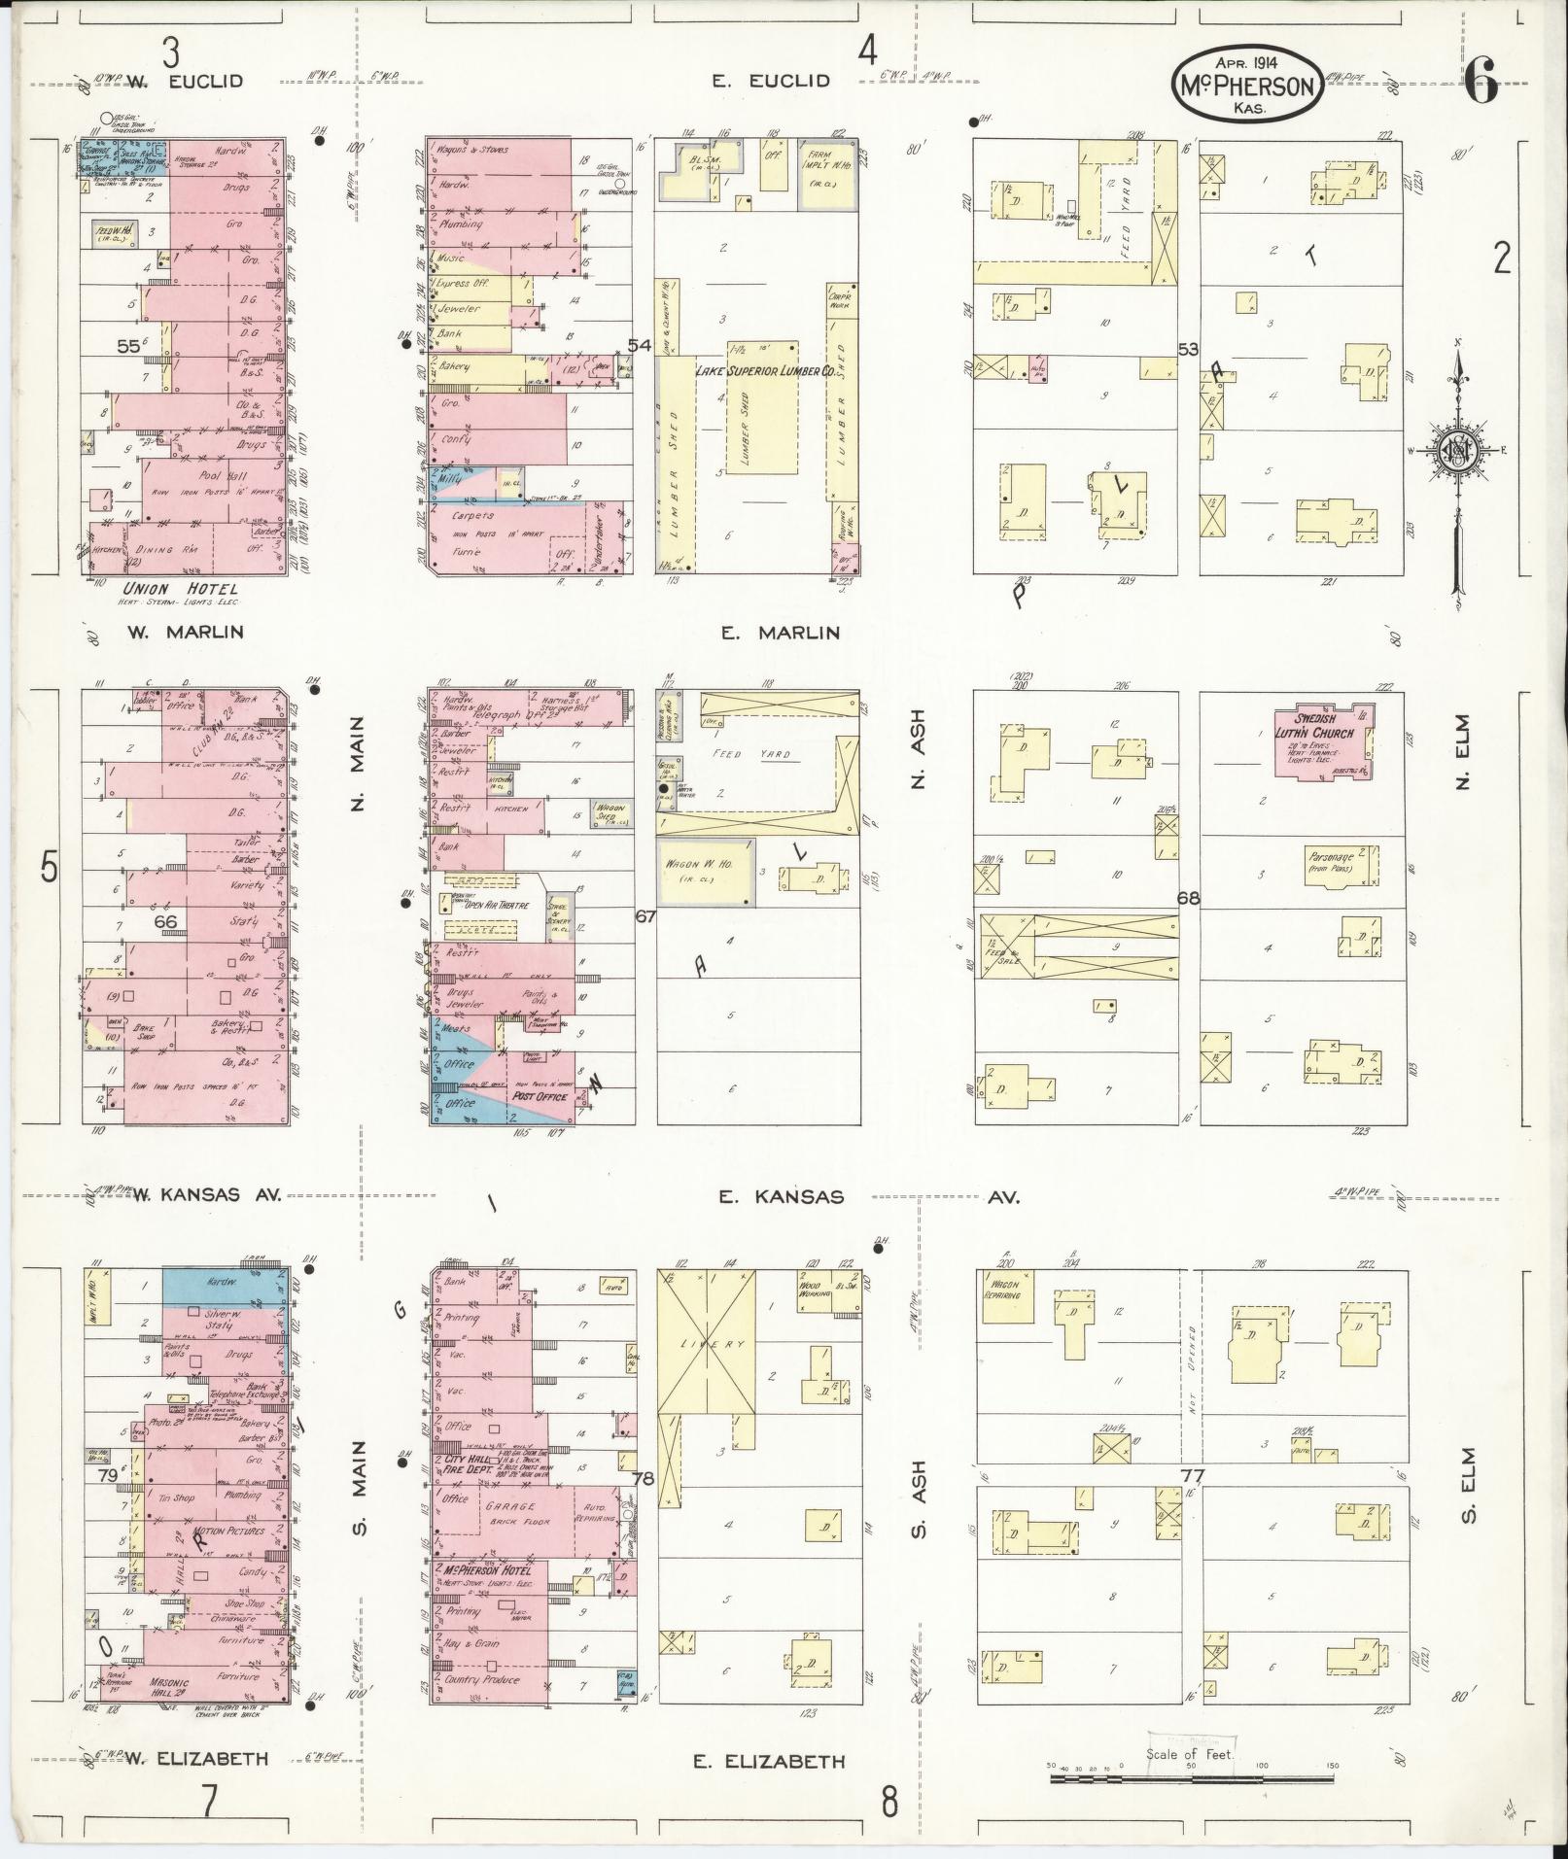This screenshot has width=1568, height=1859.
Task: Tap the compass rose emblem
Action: pyautogui.click(x=1459, y=452)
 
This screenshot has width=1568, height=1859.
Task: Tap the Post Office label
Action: pyautogui.click(x=539, y=1097)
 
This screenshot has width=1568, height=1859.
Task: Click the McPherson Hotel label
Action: pyautogui.click(x=479, y=1571)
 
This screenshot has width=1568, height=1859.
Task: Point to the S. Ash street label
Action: pyautogui.click(x=917, y=1513)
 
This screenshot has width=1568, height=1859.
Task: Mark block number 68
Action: pyautogui.click(x=1187, y=898)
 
